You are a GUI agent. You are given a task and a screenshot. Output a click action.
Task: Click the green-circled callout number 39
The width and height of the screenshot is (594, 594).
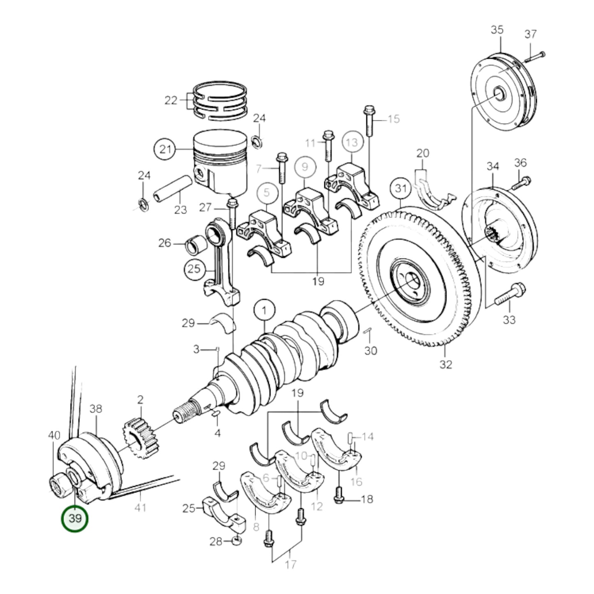tap(75, 519)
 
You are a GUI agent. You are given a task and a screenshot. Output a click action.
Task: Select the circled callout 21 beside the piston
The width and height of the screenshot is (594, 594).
tap(165, 149)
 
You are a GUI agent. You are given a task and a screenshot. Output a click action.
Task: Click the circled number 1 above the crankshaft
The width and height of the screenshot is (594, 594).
tap(264, 311)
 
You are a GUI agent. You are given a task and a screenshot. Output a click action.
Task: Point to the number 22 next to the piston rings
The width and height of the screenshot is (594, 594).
tap(171, 100)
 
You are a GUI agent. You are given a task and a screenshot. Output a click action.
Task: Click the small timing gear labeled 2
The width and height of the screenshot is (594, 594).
tap(140, 439)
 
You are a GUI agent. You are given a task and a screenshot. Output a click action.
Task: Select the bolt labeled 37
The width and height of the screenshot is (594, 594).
tap(534, 56)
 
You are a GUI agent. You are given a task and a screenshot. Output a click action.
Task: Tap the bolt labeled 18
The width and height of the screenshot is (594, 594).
tap(339, 495)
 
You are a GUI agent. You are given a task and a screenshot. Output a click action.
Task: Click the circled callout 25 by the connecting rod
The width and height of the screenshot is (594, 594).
tap(194, 269)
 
